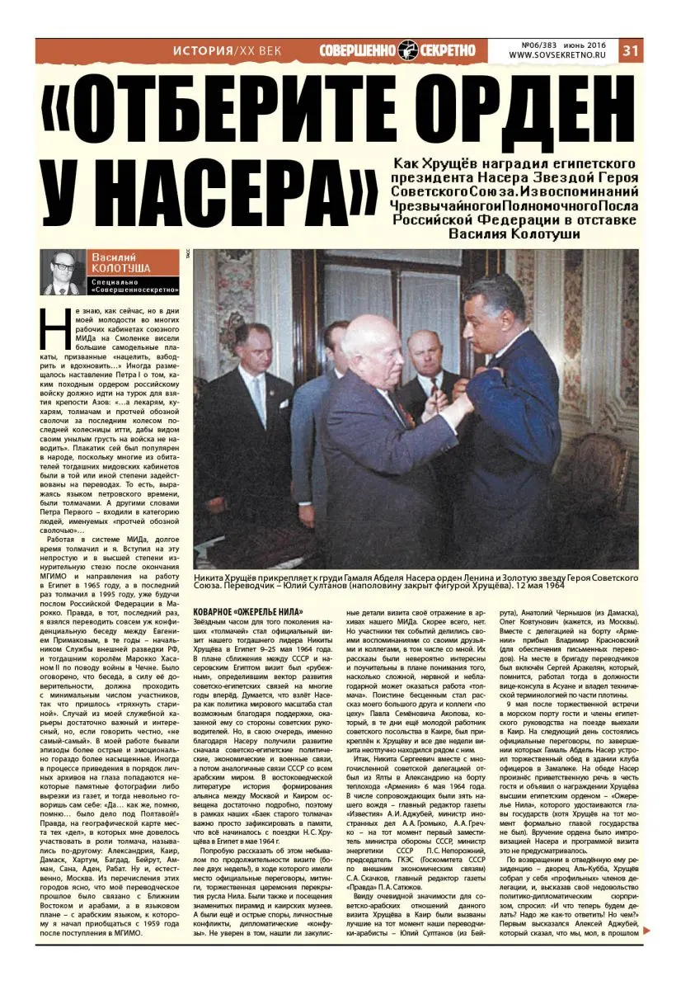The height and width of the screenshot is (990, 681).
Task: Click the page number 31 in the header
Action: pyautogui.click(x=631, y=49)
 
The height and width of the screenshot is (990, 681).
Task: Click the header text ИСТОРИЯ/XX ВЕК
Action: pyautogui.click(x=227, y=50)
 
